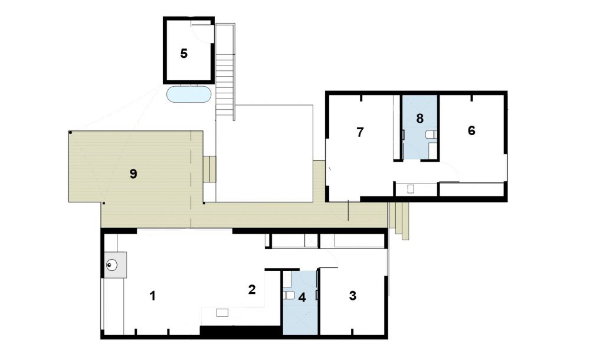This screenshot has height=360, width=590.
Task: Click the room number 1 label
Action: (x=152, y=296)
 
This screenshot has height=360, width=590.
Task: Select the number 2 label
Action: (x=252, y=289)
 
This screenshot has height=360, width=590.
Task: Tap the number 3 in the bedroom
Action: (x=353, y=296)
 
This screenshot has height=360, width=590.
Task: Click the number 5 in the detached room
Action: (x=183, y=54)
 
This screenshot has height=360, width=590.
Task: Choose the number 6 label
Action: (x=471, y=130)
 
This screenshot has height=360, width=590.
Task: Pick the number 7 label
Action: (x=360, y=132)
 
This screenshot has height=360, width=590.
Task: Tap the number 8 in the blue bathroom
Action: (x=420, y=119)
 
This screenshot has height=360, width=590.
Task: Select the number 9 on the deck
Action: (x=133, y=174)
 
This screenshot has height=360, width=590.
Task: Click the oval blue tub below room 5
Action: (x=189, y=94)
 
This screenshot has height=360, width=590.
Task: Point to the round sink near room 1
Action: (x=112, y=266)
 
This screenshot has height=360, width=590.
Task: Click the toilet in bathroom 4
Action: (x=289, y=295)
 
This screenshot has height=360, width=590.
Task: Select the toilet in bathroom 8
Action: (x=431, y=135)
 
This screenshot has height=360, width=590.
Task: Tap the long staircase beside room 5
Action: (x=225, y=71)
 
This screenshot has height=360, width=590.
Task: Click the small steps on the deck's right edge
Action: (x=209, y=169)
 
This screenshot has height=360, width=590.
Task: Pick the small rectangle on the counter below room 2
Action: (x=222, y=313)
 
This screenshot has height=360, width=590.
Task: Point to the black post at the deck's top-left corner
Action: (x=70, y=133)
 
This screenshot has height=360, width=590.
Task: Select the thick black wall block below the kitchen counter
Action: (x=241, y=330)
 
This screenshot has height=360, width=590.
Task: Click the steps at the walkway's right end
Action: (x=399, y=221)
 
